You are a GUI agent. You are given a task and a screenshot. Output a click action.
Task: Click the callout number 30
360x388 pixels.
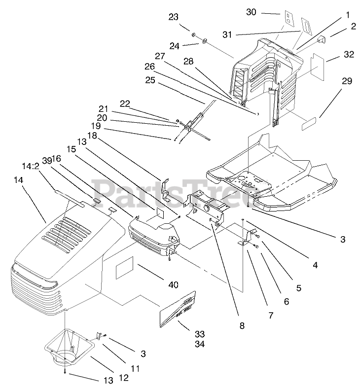coord(251,12)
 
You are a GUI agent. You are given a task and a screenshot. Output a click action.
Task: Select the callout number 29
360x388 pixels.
coord(347,81)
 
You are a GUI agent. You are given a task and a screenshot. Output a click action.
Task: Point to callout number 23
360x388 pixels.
coord(174,17)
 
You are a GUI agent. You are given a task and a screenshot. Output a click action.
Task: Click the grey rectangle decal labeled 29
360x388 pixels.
coord(310,123)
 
